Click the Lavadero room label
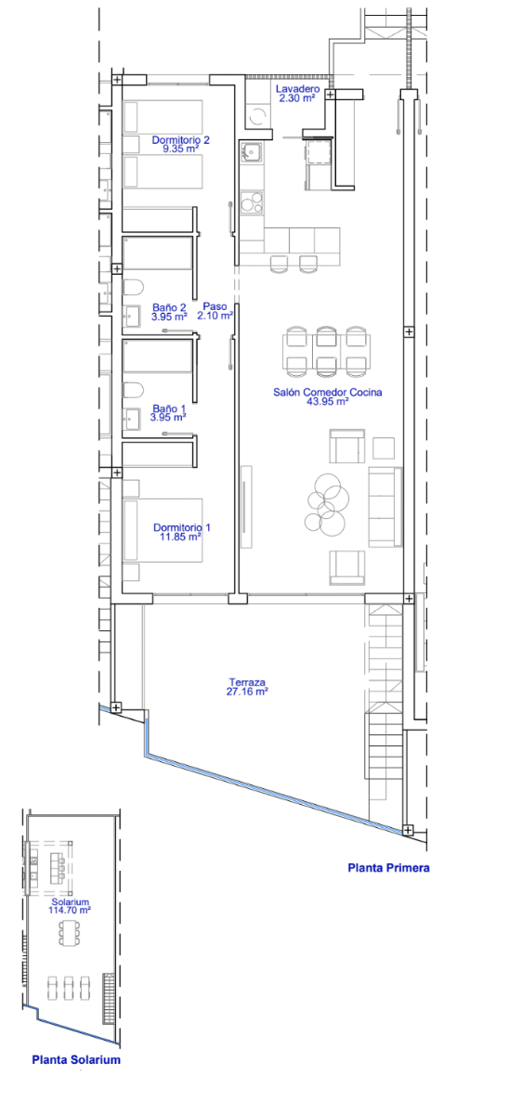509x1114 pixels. pos(297,89)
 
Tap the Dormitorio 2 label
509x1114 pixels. pos(180,140)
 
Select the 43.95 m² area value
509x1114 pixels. pos(327,401)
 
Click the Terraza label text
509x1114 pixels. pos(247,682)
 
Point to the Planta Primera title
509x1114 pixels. pos(388,868)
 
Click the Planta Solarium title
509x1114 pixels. pos(76,1060)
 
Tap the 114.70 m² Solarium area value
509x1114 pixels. pos(70,910)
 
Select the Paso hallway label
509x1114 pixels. pos(215,306)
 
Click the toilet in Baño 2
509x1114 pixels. pos(133,287)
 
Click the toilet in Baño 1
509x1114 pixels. pos(133,391)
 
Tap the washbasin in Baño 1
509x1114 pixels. pos(132,419)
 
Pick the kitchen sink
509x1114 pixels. pos(252,152)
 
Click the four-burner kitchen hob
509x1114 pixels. pos(252,202)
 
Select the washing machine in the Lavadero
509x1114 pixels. pos(257,117)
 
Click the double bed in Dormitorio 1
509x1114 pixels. pos(163,530)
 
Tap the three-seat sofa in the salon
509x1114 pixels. pos(385,507)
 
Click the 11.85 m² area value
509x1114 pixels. pos(180,537)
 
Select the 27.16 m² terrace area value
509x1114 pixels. pos(247,692)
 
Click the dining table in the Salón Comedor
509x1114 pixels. pos(326,351)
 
